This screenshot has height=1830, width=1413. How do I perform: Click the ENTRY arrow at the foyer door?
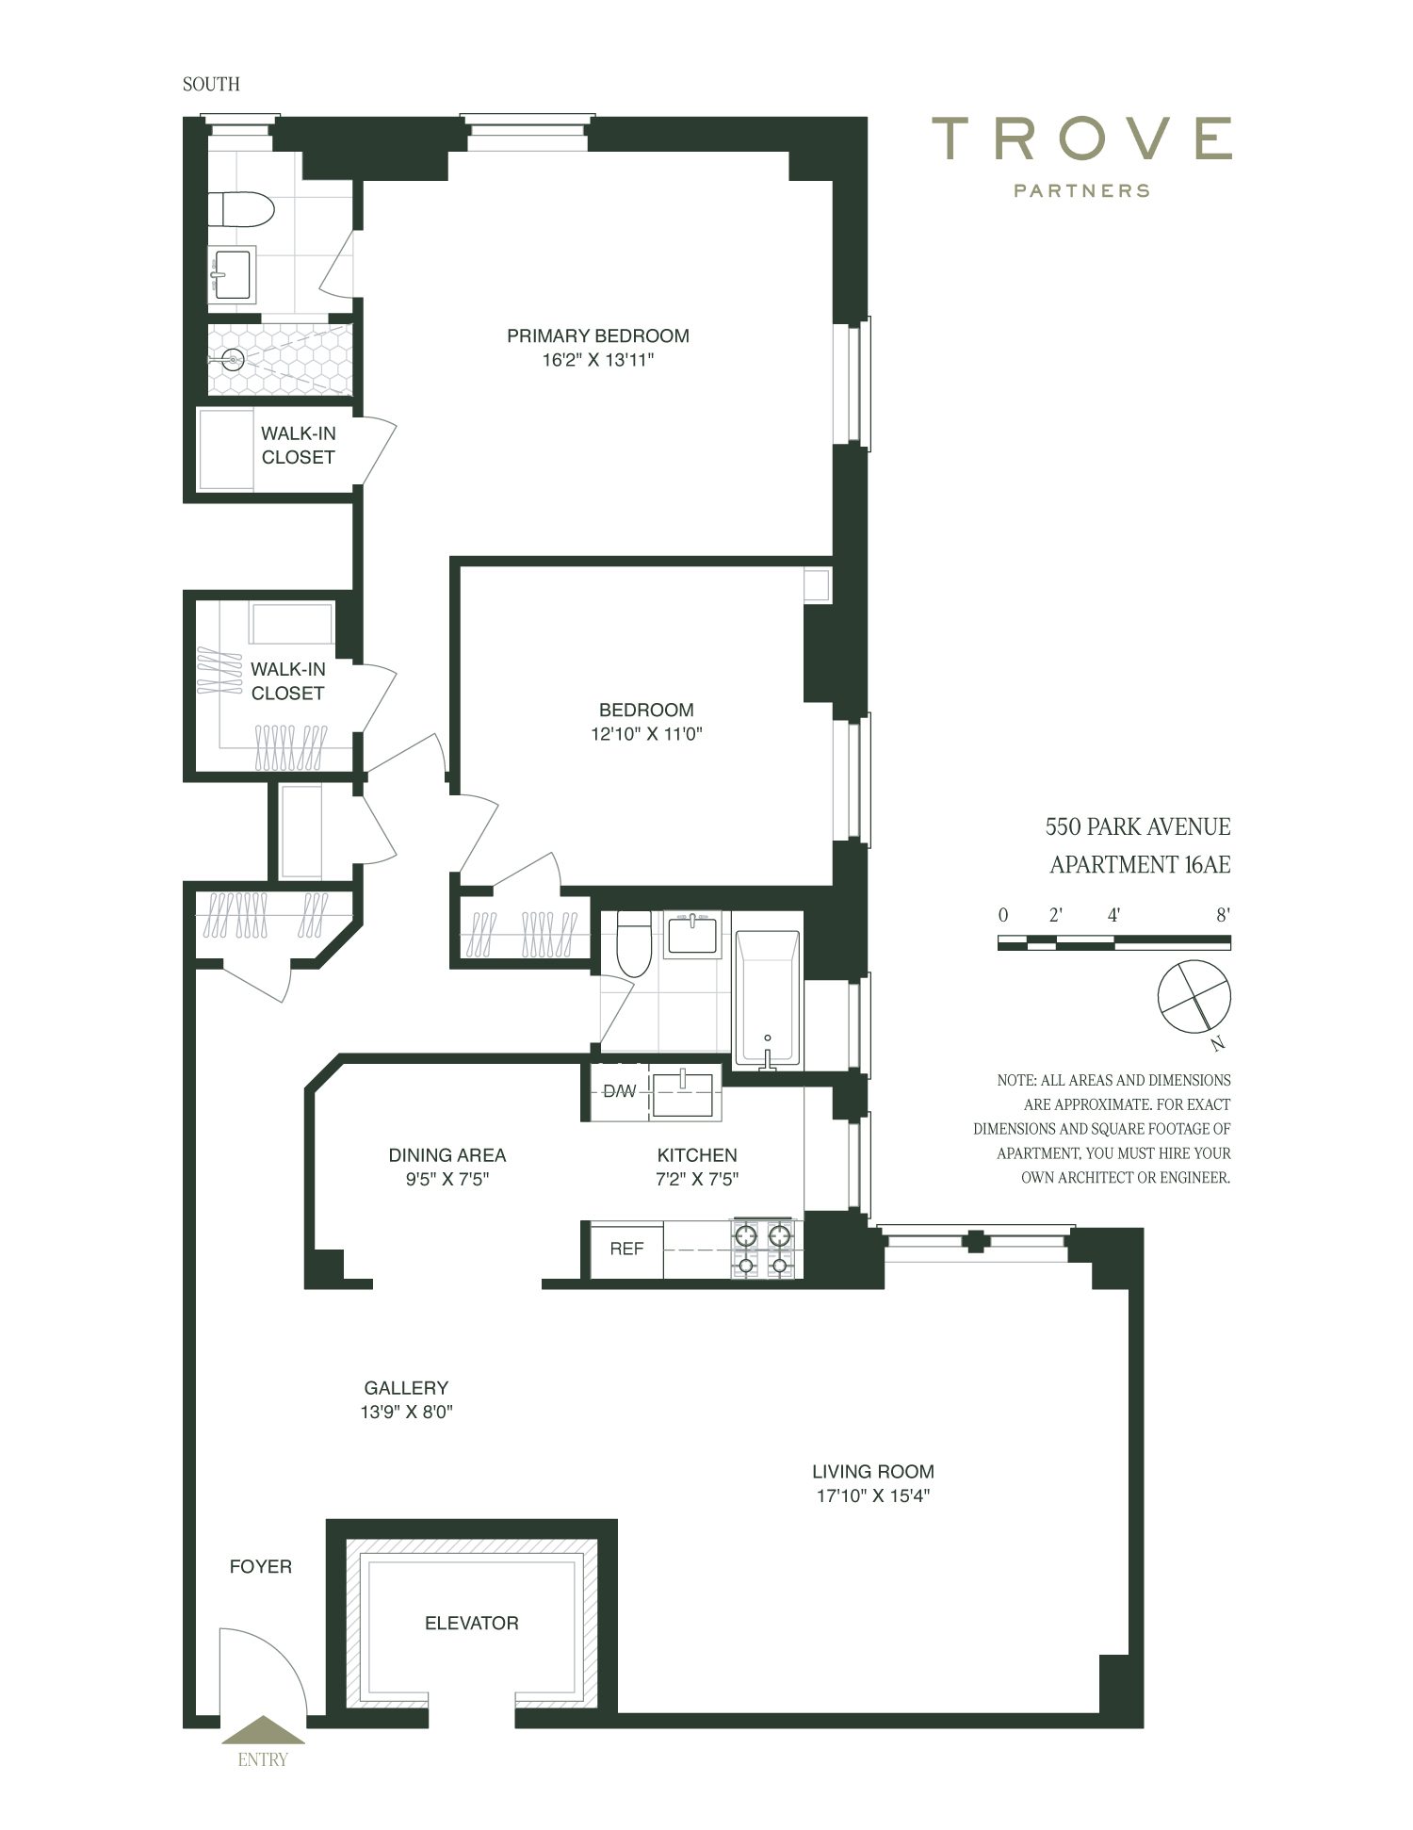(x=263, y=1730)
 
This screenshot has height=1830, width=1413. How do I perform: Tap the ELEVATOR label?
(x=471, y=1623)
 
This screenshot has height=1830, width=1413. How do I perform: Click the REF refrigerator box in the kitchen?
(x=626, y=1249)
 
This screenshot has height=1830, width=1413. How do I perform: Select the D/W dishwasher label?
(x=619, y=1091)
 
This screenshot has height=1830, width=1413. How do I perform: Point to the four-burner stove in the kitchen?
(x=763, y=1250)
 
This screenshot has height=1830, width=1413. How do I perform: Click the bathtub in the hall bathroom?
(x=768, y=999)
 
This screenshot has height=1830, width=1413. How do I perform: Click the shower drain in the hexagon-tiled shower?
(x=234, y=358)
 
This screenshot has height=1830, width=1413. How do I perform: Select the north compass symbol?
(x=1194, y=997)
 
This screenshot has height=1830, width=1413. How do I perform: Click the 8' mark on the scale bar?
(x=1223, y=915)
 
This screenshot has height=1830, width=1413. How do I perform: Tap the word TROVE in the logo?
(x=1081, y=139)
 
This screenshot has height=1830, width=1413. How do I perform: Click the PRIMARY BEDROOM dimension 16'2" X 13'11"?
(x=597, y=360)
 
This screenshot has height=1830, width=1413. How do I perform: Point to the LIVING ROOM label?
(x=872, y=1471)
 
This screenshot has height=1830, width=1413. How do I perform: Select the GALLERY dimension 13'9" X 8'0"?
(x=406, y=1412)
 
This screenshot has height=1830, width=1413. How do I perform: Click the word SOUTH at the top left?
(x=211, y=84)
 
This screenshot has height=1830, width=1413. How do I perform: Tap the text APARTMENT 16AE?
(x=1140, y=864)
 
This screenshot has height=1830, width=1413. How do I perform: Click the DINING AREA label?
(x=447, y=1154)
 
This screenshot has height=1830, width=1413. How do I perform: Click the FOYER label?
(x=261, y=1566)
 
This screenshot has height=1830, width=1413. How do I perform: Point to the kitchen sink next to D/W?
(x=683, y=1093)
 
